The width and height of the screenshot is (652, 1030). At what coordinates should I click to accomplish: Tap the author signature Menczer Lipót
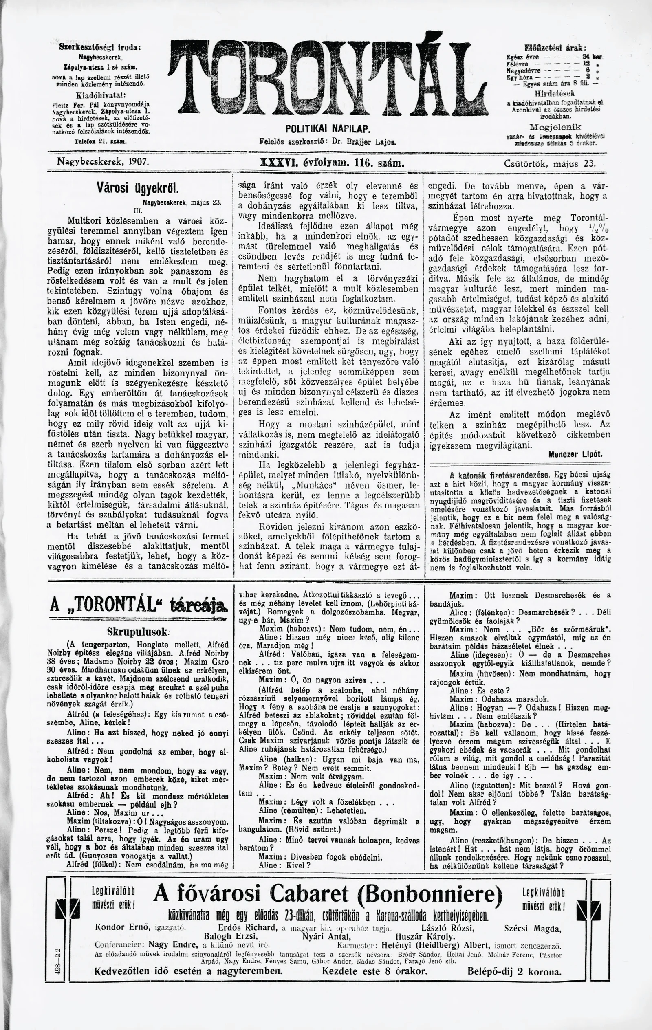pos(575,455)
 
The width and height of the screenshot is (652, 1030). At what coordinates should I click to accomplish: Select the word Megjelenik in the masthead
pos(555,127)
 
